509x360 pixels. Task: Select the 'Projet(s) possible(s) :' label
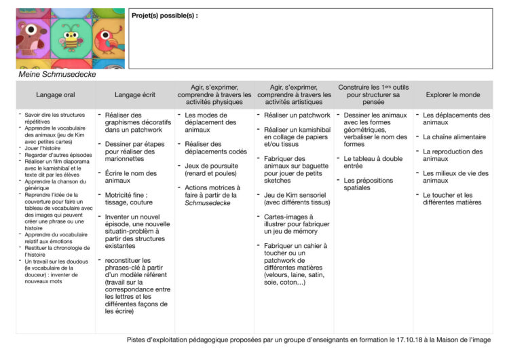point(165,15)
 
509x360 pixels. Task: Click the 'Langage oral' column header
point(56,94)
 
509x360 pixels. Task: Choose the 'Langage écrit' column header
point(134,94)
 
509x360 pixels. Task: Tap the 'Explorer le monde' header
point(453,94)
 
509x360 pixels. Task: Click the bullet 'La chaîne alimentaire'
point(452,137)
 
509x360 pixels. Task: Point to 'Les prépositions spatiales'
point(366,184)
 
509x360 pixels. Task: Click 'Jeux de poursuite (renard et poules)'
point(213,169)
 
